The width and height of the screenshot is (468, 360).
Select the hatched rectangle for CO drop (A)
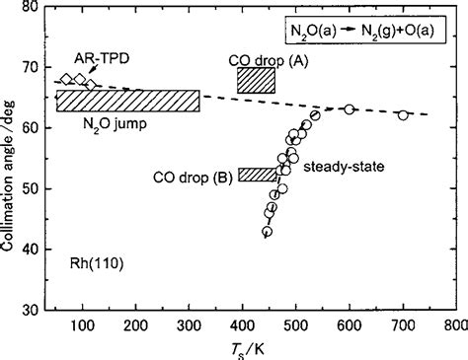[x=256, y=82]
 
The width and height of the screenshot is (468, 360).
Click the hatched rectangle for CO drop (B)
[x=259, y=175]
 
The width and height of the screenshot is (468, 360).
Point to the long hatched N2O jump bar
[x=127, y=101]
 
